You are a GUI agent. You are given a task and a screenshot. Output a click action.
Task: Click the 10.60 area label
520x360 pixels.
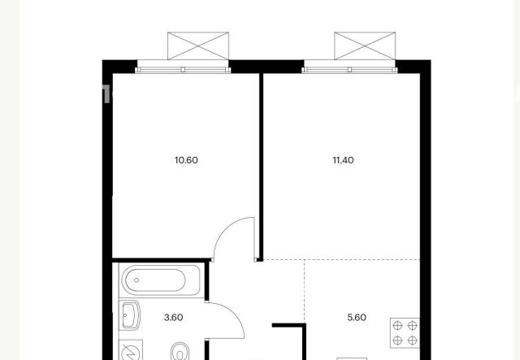[186, 160]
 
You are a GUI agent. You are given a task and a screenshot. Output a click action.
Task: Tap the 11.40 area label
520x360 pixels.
[343, 160]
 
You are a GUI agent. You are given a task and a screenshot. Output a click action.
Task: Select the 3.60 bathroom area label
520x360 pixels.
[173, 318]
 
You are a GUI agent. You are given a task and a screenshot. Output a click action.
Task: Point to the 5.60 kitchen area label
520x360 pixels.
[357, 318]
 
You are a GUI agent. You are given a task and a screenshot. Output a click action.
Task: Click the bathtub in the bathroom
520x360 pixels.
[161, 280]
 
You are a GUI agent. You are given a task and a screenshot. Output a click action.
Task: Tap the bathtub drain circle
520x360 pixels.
[136, 280]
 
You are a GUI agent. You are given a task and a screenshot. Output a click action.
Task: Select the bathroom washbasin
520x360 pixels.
[129, 315]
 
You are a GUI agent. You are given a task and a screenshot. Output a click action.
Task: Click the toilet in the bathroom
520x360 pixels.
[180, 352]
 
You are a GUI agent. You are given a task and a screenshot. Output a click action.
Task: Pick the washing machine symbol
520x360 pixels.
[131, 350]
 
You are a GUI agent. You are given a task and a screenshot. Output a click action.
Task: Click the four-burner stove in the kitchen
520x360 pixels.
[405, 333]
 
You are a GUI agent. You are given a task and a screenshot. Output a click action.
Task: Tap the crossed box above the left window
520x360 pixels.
[198, 46]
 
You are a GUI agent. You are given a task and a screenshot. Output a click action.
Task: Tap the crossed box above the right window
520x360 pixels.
[365, 46]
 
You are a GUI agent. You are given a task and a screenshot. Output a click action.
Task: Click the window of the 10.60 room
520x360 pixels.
[183, 69]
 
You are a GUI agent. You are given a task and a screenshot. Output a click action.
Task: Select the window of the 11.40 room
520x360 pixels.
[349, 69]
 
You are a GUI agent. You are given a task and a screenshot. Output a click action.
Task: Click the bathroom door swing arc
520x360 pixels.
[233, 314]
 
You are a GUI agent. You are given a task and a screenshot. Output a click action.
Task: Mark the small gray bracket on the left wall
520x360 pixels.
[105, 93]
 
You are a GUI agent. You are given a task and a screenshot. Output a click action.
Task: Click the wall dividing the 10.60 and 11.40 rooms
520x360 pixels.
[261, 167]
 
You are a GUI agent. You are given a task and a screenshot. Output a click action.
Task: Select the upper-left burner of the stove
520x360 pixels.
[397, 326]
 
